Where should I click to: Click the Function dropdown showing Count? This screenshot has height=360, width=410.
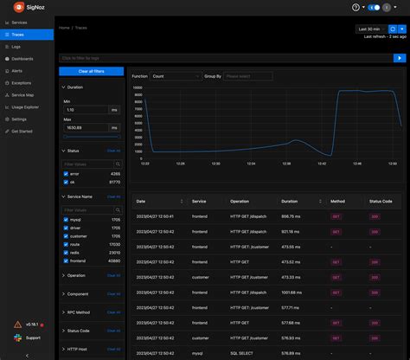click(175, 76)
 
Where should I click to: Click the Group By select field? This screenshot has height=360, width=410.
click(247, 76)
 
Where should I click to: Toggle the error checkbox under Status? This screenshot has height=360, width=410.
click(67, 174)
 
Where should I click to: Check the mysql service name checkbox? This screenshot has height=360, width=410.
click(67, 220)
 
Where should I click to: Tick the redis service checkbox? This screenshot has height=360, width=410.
click(67, 253)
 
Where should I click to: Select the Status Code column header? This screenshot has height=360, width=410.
click(381, 201)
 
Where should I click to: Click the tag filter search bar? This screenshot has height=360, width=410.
click(225, 58)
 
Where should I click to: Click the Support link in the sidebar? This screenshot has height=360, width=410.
click(33, 337)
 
